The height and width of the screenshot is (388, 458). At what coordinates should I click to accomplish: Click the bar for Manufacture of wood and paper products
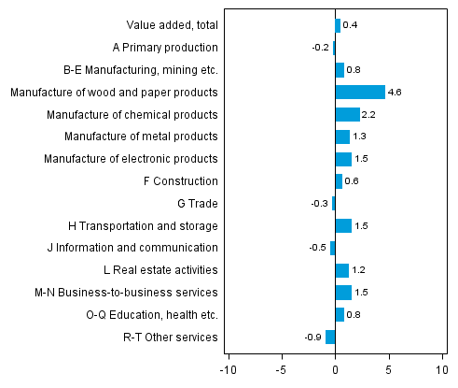[360, 92]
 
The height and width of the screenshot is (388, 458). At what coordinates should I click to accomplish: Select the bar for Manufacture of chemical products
[347, 114]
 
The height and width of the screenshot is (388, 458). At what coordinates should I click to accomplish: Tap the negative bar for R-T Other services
[330, 337]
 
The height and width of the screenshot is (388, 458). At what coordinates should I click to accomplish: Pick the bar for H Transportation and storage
[343, 225]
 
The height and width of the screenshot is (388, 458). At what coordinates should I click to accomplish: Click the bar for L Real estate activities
[341, 270]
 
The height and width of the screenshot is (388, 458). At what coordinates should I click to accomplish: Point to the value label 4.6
[395, 92]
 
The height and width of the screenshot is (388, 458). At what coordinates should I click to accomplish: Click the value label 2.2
[368, 114]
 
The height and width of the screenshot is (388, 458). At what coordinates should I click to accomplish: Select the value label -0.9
[314, 337]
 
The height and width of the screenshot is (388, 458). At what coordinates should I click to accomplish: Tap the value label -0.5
[318, 248]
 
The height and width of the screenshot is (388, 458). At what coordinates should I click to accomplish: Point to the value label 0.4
[350, 25]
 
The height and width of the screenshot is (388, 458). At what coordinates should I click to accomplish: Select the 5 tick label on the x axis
[389, 367]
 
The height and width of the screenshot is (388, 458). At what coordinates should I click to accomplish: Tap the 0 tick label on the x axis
[335, 367]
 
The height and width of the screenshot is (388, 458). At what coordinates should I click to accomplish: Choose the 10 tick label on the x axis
[442, 367]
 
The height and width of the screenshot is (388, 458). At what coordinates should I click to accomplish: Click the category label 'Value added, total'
[172, 25]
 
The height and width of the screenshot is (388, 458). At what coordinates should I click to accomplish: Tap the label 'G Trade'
[197, 203]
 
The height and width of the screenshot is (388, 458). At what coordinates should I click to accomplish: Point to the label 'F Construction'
[181, 180]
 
